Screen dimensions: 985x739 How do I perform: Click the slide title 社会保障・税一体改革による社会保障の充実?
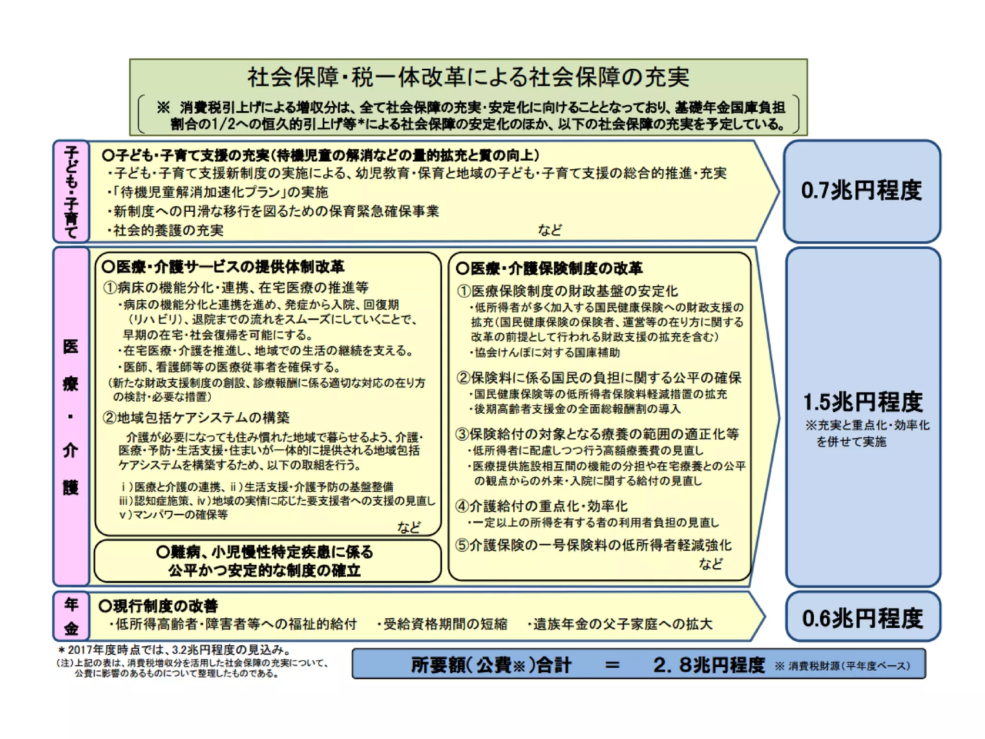pyautogui.click(x=468, y=77)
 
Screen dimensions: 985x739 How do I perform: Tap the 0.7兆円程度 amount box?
pyautogui.click(x=861, y=191)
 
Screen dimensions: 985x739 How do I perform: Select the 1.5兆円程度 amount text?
pyautogui.click(x=863, y=402)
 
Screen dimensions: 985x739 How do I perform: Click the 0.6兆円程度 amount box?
pyautogui.click(x=862, y=618)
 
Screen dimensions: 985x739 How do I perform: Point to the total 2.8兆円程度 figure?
pyautogui.click(x=708, y=665)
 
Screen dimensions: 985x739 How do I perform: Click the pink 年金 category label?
pyautogui.click(x=71, y=616)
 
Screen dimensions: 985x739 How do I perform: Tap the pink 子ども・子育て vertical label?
pyautogui.click(x=71, y=191)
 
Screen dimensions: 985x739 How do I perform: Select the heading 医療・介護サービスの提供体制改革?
pyautogui.click(x=224, y=267)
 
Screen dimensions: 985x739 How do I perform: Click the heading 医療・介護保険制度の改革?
pyautogui.click(x=549, y=268)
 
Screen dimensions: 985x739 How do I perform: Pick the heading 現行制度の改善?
pyautogui.click(x=159, y=606)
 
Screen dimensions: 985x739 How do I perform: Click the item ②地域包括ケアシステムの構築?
pyautogui.click(x=196, y=417)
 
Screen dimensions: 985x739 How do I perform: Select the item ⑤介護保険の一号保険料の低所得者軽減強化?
pyautogui.click(x=594, y=545)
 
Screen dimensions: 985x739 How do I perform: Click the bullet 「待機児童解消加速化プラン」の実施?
pyautogui.click(x=219, y=192)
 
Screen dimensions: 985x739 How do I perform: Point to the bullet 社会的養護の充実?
pyautogui.click(x=166, y=230)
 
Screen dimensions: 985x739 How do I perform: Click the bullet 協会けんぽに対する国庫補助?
pyautogui.click(x=545, y=353)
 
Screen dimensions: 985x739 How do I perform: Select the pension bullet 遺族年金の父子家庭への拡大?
pyautogui.click(x=620, y=624)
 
